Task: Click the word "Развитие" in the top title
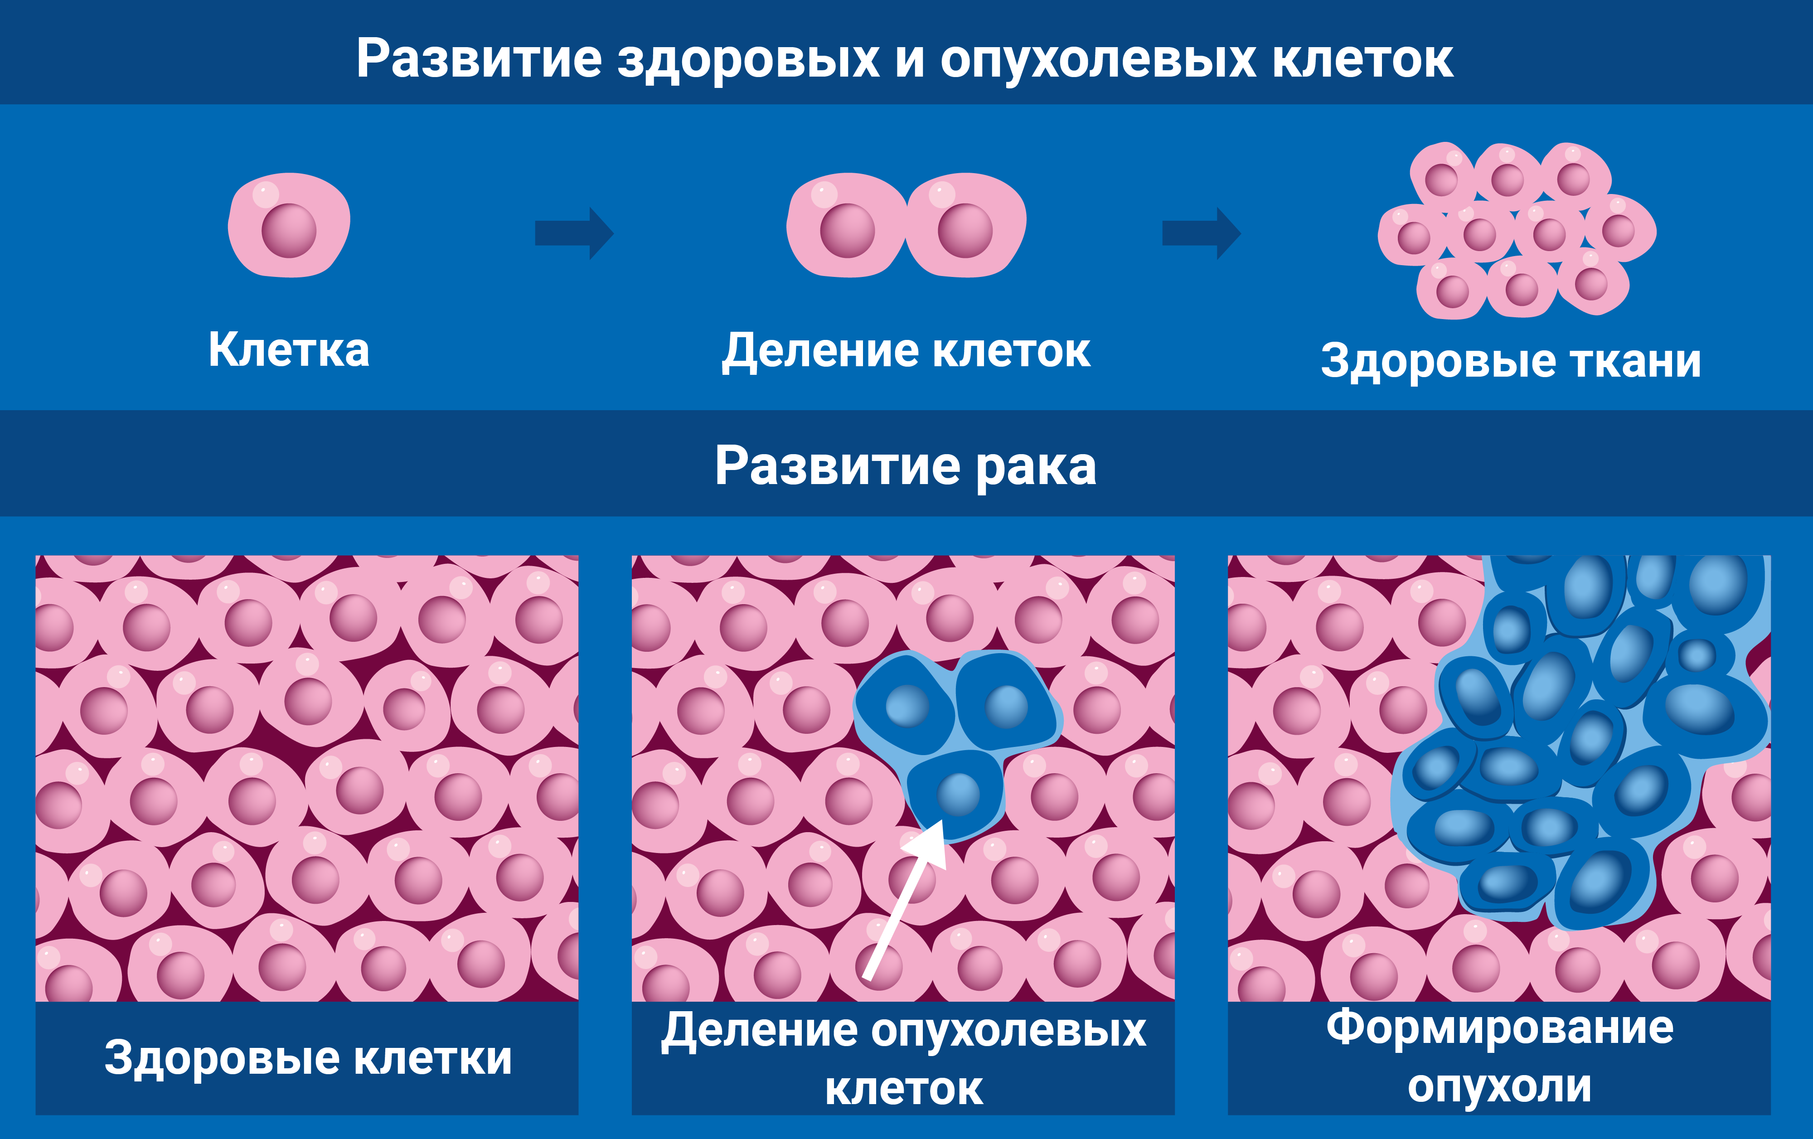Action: tap(479, 59)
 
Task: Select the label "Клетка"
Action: tap(289, 350)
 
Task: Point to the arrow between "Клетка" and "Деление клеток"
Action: tap(574, 233)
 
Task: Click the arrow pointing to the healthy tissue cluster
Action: tap(1201, 233)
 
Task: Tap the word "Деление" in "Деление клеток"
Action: tap(820, 351)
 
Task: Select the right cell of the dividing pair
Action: tap(966, 226)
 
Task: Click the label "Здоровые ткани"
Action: tap(1511, 361)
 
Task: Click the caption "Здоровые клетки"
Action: tap(308, 1058)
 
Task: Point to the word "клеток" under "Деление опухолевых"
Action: tap(903, 1089)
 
